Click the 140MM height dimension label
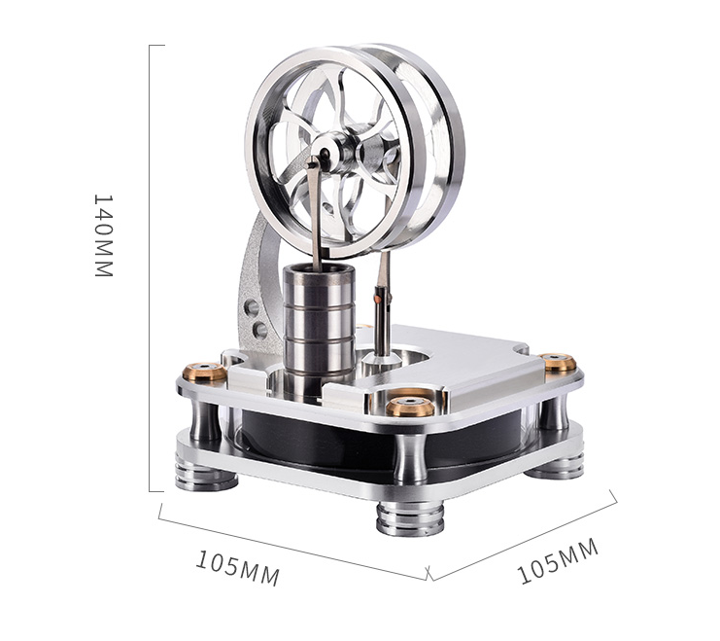103,235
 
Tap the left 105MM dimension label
237,568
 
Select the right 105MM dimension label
558,561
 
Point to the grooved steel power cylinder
319,328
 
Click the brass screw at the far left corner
204,372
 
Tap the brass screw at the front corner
410,407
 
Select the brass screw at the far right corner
558,362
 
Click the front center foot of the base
410,519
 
